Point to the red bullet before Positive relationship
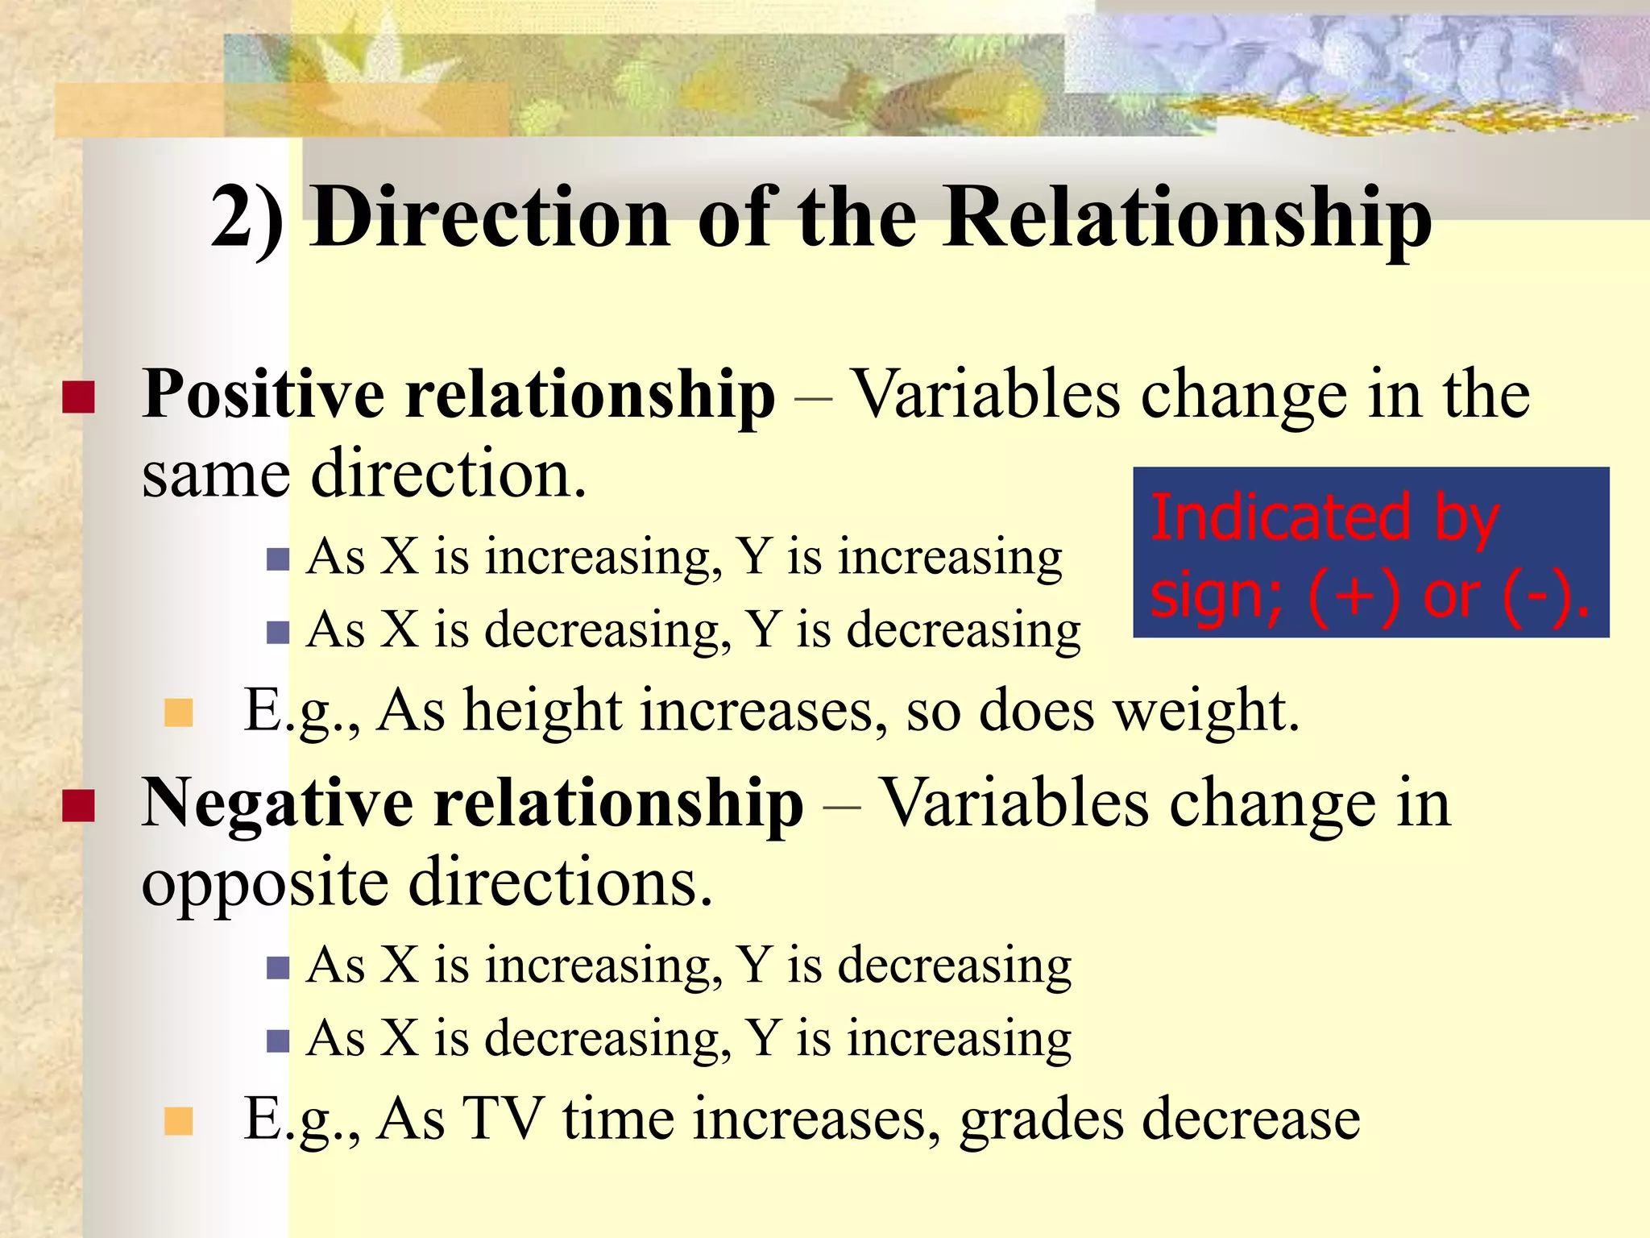click(x=78, y=397)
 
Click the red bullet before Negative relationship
click(x=78, y=805)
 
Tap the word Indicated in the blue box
click(x=1280, y=517)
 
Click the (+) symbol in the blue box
click(x=1354, y=596)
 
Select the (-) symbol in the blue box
click(x=1536, y=596)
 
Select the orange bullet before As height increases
click(x=178, y=712)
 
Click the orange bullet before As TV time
click(x=178, y=1120)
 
